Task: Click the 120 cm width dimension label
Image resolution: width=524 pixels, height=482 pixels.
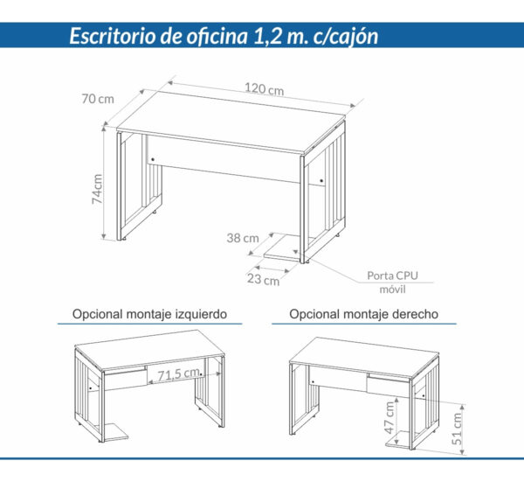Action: [x=264, y=89]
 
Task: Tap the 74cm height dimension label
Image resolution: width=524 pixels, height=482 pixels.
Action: [x=99, y=188]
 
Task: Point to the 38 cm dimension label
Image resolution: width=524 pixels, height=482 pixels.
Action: [x=243, y=238]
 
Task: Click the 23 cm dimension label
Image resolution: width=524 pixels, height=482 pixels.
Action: [x=262, y=280]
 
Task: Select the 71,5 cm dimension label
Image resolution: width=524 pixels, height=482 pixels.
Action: [x=176, y=374]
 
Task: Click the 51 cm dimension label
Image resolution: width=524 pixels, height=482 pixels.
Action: [x=458, y=426]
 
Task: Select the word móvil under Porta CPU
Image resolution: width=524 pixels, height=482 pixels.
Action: [x=392, y=290]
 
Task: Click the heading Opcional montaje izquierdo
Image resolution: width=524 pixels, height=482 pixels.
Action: [x=150, y=313]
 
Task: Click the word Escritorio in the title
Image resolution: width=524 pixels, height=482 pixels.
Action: [x=114, y=37]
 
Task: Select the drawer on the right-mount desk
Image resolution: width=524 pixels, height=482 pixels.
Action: [x=389, y=386]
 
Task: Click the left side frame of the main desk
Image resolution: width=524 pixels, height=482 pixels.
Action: [x=135, y=188]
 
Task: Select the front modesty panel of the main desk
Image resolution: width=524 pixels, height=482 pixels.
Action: [x=223, y=157]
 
